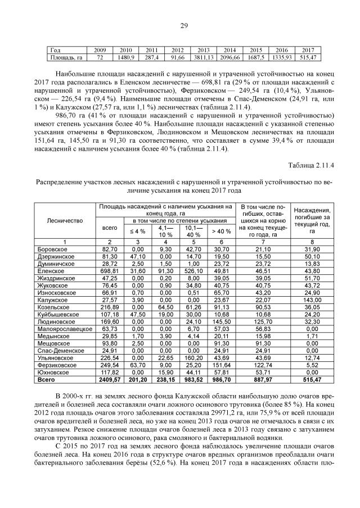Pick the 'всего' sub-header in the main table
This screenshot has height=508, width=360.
[108, 228]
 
